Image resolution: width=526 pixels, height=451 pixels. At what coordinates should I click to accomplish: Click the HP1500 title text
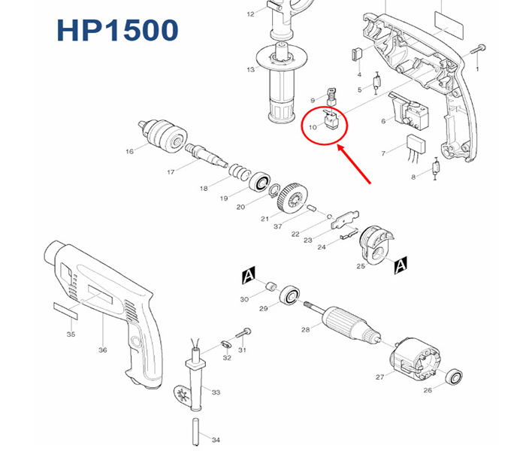[117, 30]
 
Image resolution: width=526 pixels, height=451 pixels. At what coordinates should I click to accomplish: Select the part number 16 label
[129, 152]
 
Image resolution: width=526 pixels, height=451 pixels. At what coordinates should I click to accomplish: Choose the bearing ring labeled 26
[453, 377]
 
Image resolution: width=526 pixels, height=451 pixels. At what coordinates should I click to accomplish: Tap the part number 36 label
[103, 350]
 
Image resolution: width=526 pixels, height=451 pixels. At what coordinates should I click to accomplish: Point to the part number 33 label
[216, 392]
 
